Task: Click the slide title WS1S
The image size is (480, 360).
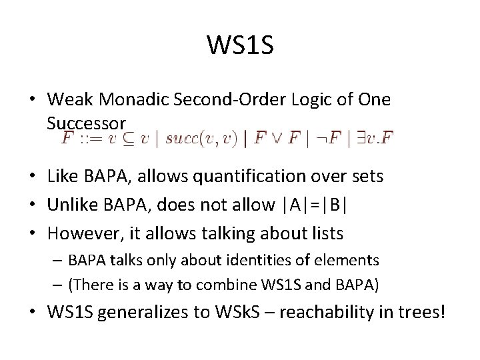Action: pos(239,46)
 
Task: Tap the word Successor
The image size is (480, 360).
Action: pos(86,123)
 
